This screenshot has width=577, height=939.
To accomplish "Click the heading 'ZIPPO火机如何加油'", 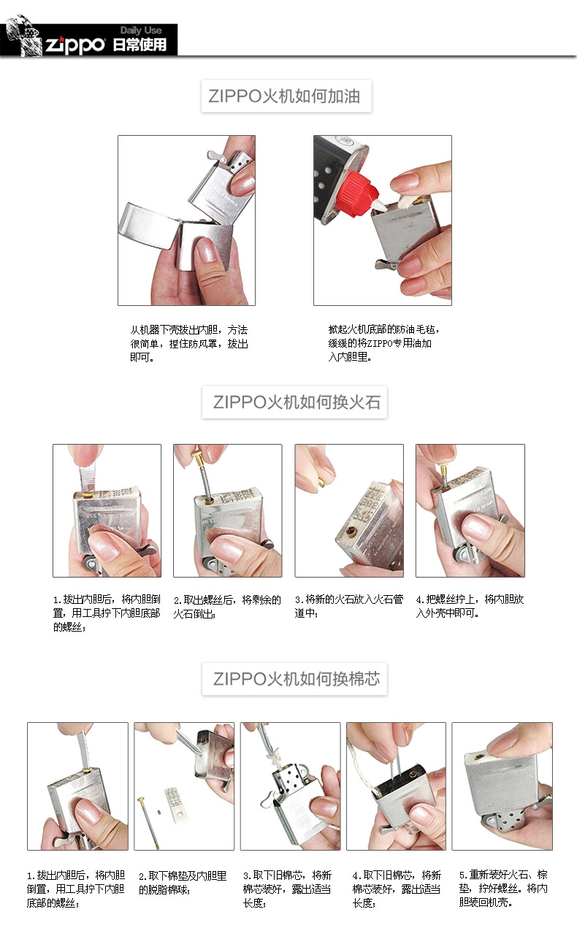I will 286,96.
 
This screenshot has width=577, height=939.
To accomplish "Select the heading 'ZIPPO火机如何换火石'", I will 295,402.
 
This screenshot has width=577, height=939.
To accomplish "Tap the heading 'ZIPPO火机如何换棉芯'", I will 295,678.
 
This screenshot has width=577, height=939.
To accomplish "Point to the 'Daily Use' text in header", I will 141,31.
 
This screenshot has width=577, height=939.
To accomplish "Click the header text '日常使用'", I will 140,45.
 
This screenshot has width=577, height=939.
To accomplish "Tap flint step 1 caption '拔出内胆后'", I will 107,613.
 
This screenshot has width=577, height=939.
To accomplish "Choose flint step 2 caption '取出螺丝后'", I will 226,606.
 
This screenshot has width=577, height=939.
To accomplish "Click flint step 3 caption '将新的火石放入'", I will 348,606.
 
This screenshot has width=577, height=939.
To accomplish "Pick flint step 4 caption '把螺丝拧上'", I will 470,606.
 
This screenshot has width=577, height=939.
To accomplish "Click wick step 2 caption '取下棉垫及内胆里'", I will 183,882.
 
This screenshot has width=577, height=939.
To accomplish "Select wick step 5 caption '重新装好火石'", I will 503,888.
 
